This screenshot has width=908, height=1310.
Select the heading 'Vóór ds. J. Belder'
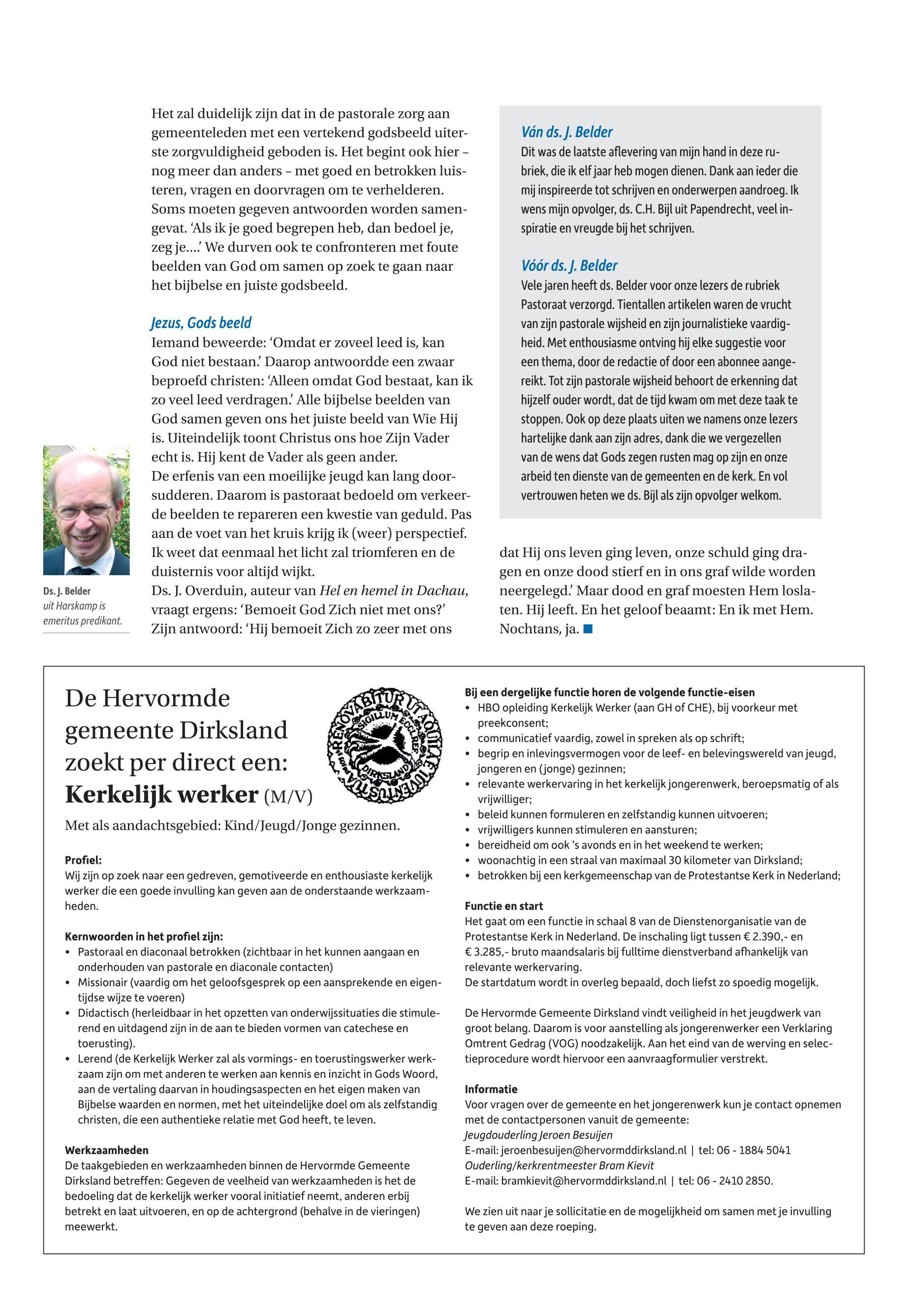coord(569,266)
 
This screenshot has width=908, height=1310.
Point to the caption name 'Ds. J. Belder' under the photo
coord(66,591)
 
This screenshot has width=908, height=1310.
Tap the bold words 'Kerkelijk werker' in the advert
coord(161,795)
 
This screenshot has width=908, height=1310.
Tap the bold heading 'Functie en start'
coord(503,906)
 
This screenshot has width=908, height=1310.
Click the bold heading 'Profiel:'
coord(83,860)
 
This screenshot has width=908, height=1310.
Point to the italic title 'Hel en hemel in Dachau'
coord(394,591)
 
